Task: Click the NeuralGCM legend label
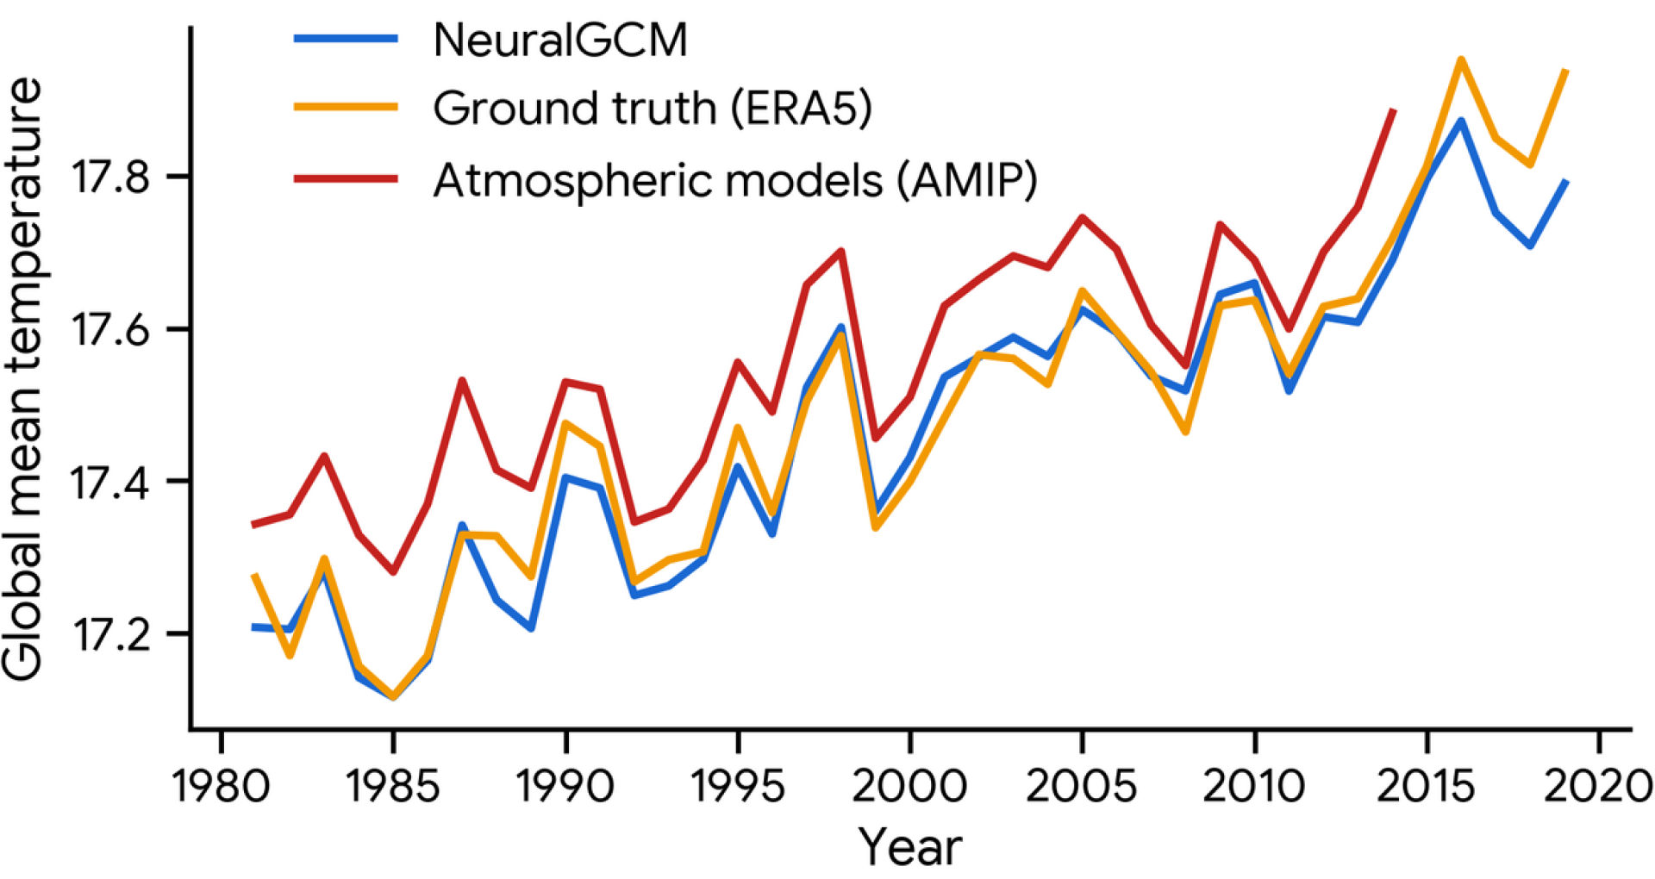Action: tap(560, 41)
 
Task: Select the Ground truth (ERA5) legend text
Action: tap(653, 109)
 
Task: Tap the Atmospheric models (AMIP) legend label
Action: tap(735, 180)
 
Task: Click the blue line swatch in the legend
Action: tap(346, 39)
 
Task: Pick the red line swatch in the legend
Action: tap(346, 179)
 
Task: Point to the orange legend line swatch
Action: tap(346, 108)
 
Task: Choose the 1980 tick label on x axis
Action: tap(222, 786)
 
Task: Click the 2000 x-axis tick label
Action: tap(909, 786)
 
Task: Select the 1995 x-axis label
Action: tap(738, 786)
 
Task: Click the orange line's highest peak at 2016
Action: tap(1461, 59)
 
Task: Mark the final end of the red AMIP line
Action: tap(1393, 110)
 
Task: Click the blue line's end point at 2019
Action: tap(1565, 183)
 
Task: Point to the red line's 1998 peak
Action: tap(840, 251)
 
